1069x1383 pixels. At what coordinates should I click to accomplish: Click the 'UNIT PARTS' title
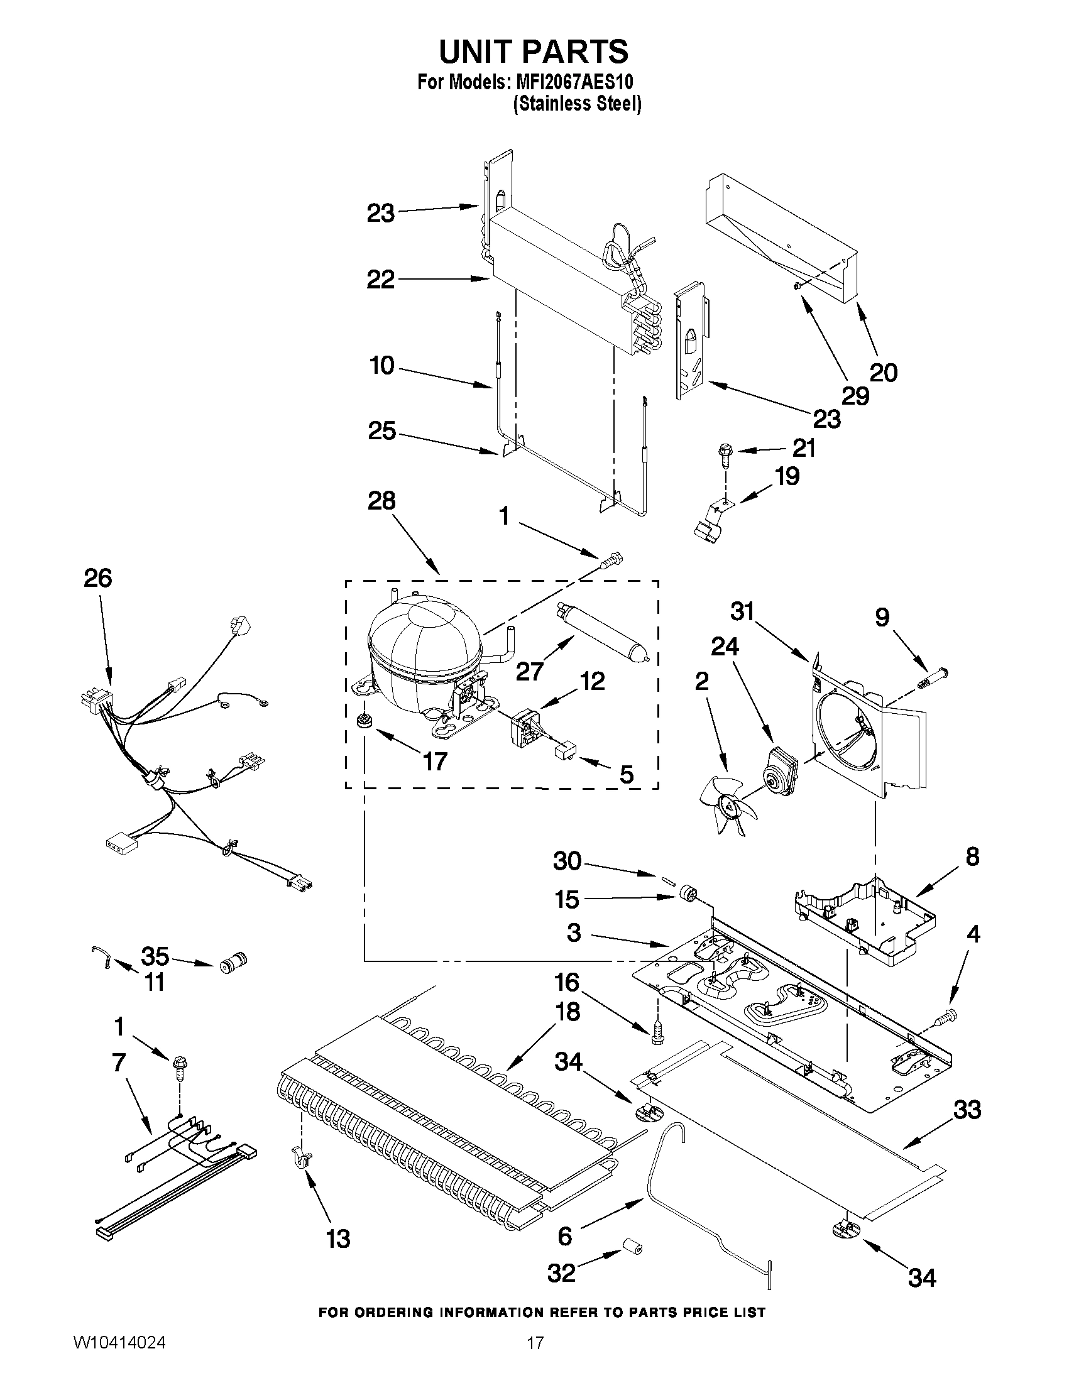(534, 52)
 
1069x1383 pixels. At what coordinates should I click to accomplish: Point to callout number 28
(381, 501)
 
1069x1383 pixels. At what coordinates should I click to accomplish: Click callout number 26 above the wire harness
(98, 578)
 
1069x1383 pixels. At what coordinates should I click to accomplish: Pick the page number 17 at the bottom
(535, 1359)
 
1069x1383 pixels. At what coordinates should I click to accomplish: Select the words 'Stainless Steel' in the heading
(577, 103)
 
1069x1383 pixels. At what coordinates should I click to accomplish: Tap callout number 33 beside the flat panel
(967, 1110)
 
